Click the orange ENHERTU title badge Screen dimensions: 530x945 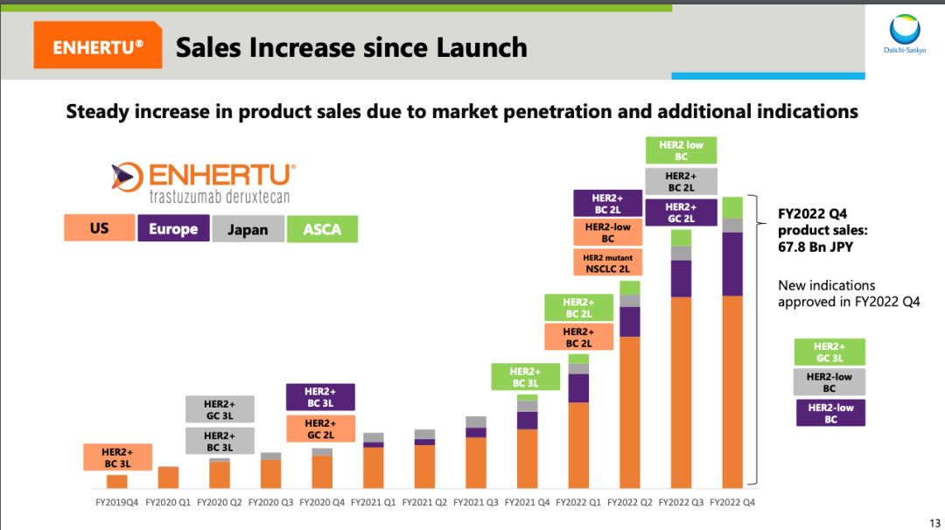pos(97,47)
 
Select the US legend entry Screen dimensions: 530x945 pos(99,228)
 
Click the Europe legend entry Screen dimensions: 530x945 pos(173,229)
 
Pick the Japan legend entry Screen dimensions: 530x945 pos(248,229)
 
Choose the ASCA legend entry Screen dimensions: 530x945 pos(322,229)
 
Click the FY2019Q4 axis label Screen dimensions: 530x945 pos(116,503)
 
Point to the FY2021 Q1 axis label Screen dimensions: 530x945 pos(373,503)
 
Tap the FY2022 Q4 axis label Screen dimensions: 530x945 pos(732,503)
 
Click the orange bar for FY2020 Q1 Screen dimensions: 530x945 pos(168,478)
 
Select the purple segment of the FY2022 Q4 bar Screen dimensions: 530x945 pos(732,264)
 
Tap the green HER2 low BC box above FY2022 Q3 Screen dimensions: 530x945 pos(682,150)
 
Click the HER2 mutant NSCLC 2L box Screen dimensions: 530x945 pos(607,262)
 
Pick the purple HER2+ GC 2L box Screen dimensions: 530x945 pos(681,213)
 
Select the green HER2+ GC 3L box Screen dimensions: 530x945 pos(829,352)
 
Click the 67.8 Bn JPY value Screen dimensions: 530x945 pos(815,248)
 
